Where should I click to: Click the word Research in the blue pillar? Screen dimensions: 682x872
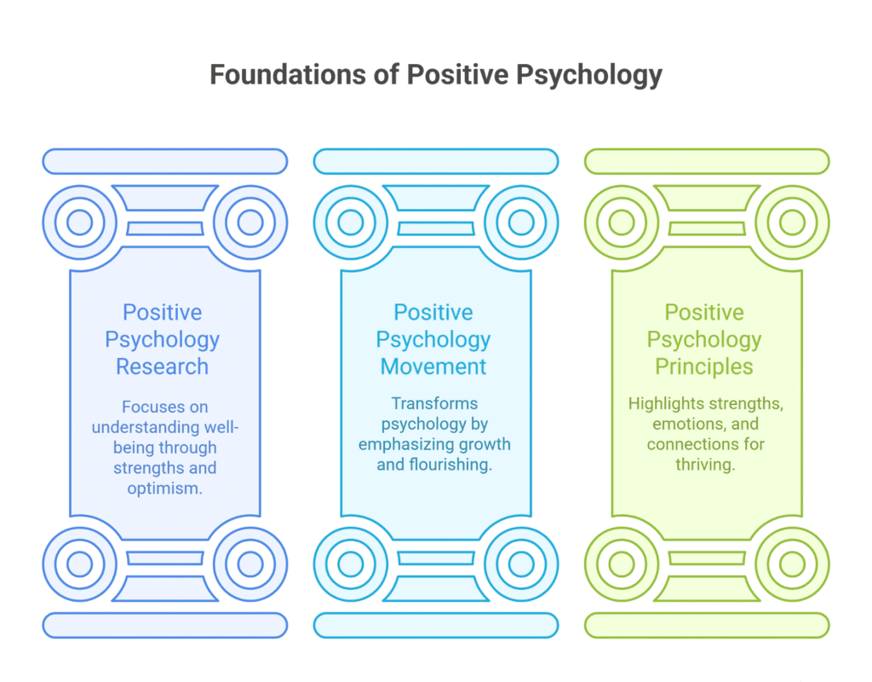pos(163,367)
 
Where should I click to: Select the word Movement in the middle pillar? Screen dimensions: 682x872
pos(433,367)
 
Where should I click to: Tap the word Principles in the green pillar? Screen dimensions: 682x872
pos(704,367)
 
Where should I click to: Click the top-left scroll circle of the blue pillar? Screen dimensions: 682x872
pos(79,223)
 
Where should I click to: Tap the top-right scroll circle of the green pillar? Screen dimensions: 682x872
pos(792,223)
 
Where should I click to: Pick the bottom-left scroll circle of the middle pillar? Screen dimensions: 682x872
pos(350,564)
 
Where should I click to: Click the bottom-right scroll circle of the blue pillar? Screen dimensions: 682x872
pos(250,564)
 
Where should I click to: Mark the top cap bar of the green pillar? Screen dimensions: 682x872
pos(707,161)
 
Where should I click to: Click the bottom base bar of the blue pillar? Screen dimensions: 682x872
pos(165,625)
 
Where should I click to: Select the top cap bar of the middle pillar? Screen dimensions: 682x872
pos(436,161)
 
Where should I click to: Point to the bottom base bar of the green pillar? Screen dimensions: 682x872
pos(707,625)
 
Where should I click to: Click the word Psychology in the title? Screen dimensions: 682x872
pos(588,75)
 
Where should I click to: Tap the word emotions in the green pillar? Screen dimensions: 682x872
pos(683,424)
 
